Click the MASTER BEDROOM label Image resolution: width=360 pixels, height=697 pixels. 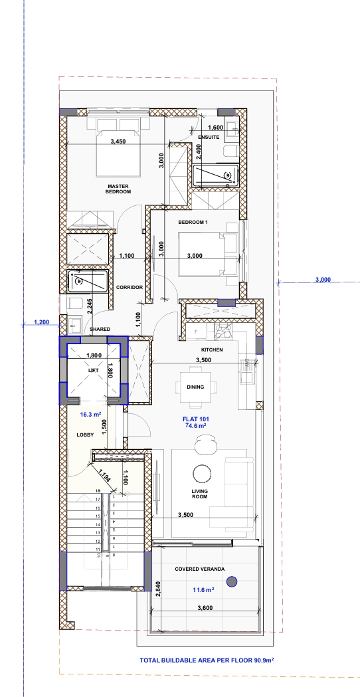(118, 189)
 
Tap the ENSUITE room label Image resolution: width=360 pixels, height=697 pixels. (209, 138)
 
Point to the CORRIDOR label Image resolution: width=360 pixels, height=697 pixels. (130, 287)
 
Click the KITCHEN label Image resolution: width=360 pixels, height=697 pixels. (212, 350)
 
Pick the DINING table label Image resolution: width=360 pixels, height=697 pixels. (195, 387)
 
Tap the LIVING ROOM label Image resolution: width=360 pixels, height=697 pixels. (200, 494)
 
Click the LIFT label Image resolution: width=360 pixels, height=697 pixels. (93, 369)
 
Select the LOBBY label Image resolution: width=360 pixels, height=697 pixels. (85, 435)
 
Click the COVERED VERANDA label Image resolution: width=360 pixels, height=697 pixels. (199, 569)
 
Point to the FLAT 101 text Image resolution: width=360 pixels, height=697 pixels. (196, 419)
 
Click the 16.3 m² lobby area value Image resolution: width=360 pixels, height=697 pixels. (91, 415)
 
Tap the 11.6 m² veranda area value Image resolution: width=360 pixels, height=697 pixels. (203, 590)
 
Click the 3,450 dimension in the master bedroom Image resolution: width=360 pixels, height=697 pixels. (118, 142)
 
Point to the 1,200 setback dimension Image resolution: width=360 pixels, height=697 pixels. (42, 322)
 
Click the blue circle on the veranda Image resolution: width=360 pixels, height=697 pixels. (232, 581)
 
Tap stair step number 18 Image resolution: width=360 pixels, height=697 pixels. (98, 491)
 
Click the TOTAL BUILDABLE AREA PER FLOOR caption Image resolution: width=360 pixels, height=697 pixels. (207, 660)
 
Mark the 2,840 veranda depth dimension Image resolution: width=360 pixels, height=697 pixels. (157, 587)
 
